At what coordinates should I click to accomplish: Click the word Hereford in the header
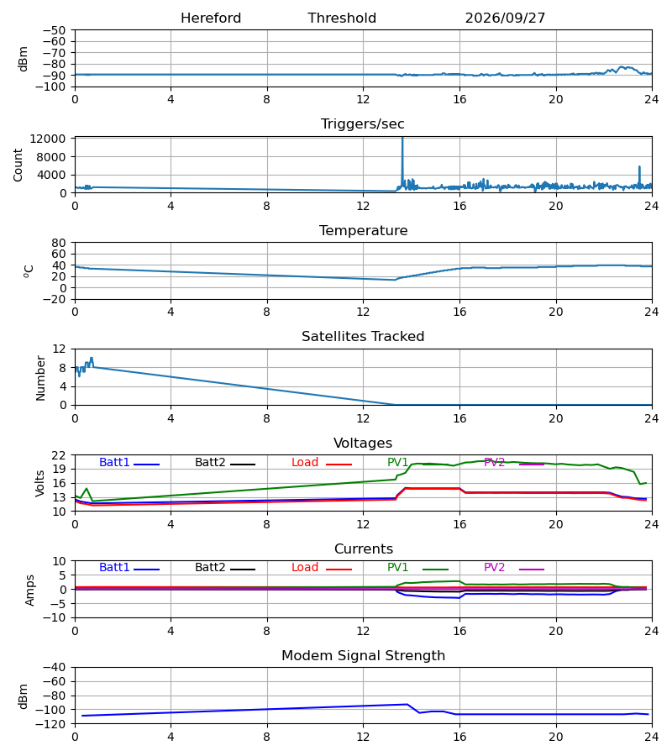(x=211, y=18)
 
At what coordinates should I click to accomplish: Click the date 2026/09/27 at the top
(x=505, y=18)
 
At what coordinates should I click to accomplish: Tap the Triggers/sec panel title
(x=363, y=124)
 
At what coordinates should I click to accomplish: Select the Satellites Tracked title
(x=363, y=336)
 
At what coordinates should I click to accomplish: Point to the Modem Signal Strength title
(x=363, y=655)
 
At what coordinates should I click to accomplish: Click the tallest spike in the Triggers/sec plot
(x=402, y=139)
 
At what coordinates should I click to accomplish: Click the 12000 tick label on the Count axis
(x=48, y=139)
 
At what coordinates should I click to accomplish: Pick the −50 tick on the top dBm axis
(x=54, y=30)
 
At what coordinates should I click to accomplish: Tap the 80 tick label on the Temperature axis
(x=59, y=243)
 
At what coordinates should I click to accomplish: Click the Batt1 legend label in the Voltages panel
(x=114, y=462)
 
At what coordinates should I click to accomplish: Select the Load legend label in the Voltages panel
(x=305, y=462)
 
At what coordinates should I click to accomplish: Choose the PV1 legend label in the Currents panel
(x=397, y=568)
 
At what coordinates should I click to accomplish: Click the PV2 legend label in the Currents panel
(x=494, y=568)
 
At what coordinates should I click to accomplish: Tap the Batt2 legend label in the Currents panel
(x=210, y=568)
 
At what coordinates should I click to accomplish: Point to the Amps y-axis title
(x=29, y=591)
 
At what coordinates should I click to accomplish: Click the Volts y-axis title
(x=40, y=484)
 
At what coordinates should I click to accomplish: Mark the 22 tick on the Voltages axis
(x=59, y=455)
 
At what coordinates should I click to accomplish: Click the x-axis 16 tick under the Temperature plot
(x=459, y=312)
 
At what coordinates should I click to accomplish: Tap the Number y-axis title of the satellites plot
(x=40, y=378)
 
